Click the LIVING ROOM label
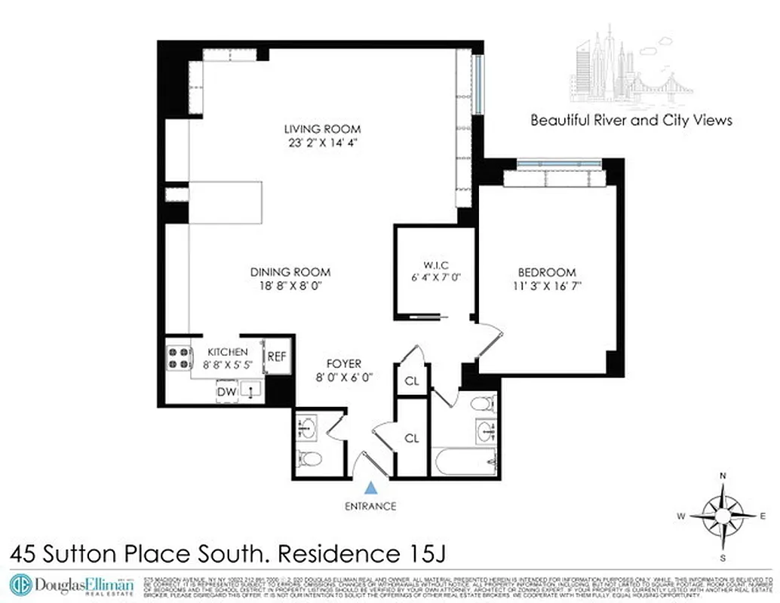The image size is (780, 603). point(322,128)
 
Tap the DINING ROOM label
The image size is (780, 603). point(290,272)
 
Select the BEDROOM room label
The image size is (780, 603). point(546,272)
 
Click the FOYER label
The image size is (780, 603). point(343,363)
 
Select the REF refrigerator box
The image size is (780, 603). point(276,357)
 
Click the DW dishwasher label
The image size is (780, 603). point(226,391)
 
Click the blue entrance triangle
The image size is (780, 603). point(369,488)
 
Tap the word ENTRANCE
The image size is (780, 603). point(369,506)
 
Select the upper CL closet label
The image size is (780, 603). point(412,381)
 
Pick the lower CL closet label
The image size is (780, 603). point(412,437)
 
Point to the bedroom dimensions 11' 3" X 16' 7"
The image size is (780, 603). point(546,286)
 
